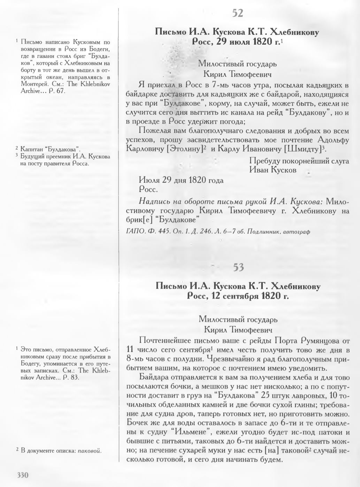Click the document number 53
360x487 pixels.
click(x=238, y=268)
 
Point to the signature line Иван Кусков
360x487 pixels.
click(x=273, y=170)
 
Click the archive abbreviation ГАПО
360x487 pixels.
click(x=132, y=231)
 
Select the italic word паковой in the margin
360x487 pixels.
click(x=89, y=450)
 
